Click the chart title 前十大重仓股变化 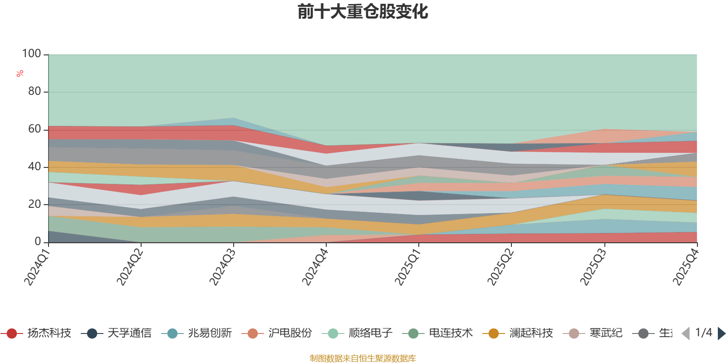click(x=363, y=12)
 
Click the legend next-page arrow click(x=721, y=334)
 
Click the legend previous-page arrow click(x=686, y=334)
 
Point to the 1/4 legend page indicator click(x=703, y=333)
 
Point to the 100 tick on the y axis click(x=32, y=54)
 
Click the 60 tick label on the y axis click(x=34, y=129)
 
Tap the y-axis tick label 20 click(x=34, y=204)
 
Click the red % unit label click(x=20, y=74)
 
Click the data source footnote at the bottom click(x=363, y=358)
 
